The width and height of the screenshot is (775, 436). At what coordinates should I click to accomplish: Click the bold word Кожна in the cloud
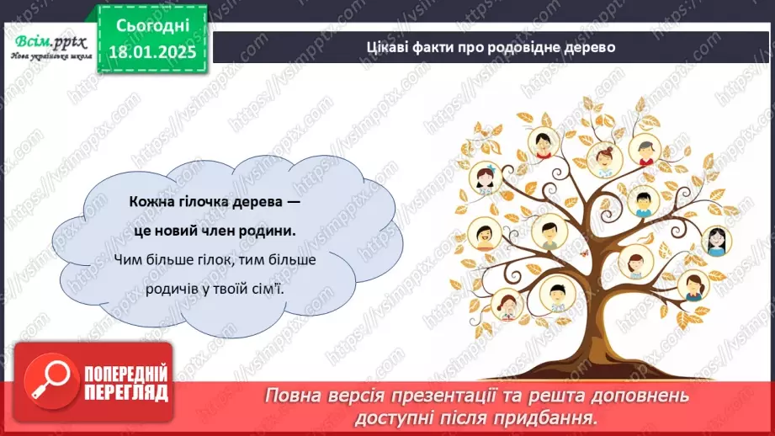(151, 202)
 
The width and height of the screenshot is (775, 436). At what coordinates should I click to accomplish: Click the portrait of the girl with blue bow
(484, 178)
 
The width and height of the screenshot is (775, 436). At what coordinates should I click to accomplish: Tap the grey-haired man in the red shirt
(644, 150)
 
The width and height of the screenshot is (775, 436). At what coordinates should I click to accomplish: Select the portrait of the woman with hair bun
(603, 156)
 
